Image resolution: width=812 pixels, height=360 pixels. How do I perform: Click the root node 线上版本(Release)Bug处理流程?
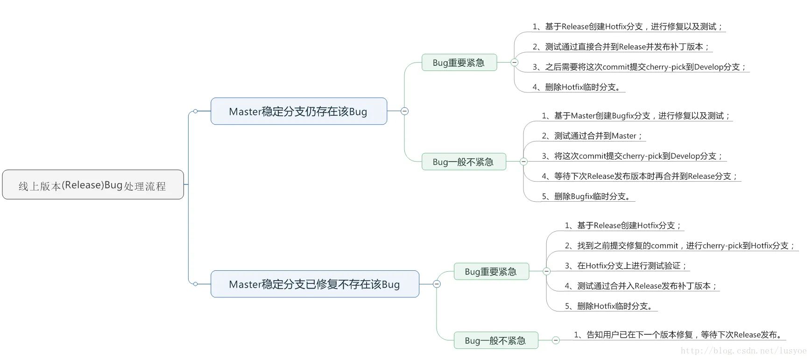pyautogui.click(x=92, y=185)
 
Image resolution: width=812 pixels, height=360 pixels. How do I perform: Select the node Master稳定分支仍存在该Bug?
pyautogui.click(x=298, y=112)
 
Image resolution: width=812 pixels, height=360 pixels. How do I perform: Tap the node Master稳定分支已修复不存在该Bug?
pyautogui.click(x=314, y=284)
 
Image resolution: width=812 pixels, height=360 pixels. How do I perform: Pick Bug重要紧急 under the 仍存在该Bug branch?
pyautogui.click(x=459, y=63)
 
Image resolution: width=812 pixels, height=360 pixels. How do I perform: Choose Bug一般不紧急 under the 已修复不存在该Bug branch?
pyautogui.click(x=495, y=340)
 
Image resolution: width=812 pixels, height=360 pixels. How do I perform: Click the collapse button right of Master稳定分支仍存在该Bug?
pyautogui.click(x=405, y=111)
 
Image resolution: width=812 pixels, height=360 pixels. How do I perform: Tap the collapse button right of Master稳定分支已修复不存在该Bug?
pyautogui.click(x=437, y=284)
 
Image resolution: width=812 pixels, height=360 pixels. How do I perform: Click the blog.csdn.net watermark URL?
pyautogui.click(x=743, y=351)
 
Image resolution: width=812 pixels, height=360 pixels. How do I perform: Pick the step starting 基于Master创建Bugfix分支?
pyautogui.click(x=636, y=116)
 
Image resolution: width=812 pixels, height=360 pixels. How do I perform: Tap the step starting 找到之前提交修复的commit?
pyautogui.click(x=680, y=246)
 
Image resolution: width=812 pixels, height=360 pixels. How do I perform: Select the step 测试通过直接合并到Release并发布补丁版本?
pyautogui.click(x=621, y=47)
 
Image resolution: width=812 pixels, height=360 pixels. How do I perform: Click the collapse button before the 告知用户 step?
pyautogui.click(x=556, y=340)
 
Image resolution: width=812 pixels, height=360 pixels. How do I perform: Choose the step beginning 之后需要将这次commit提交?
pyautogui.click(x=640, y=67)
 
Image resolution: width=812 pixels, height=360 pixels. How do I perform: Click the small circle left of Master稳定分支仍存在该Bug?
pyautogui.click(x=195, y=111)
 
